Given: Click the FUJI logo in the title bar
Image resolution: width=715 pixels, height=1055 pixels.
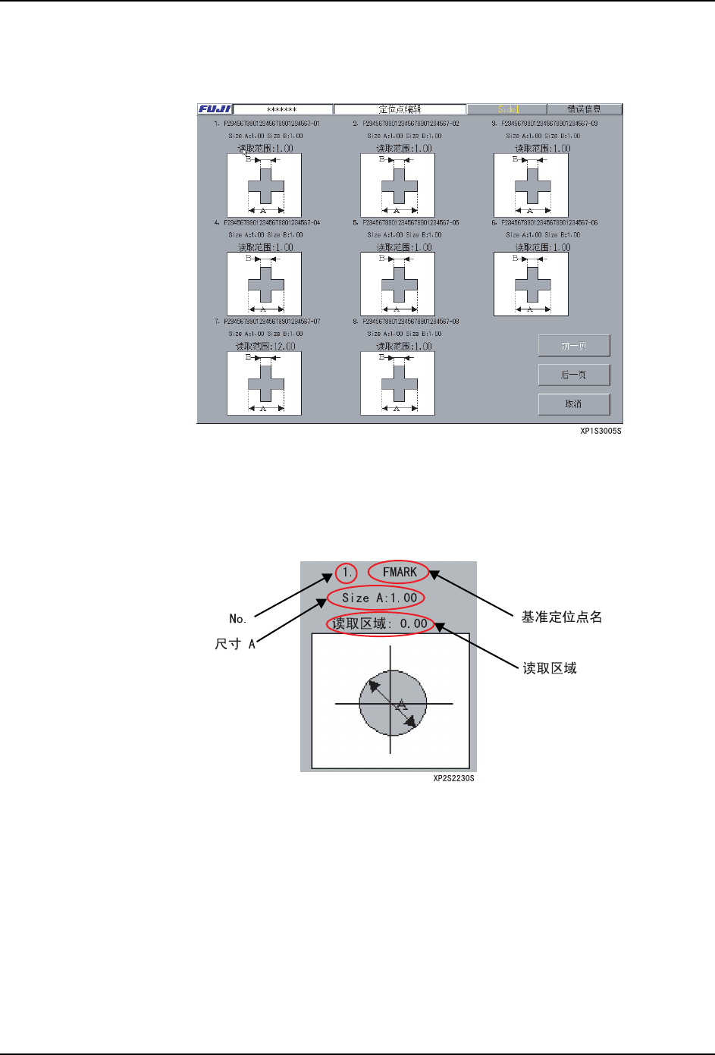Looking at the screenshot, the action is (215, 109).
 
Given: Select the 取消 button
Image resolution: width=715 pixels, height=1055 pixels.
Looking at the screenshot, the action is (574, 404).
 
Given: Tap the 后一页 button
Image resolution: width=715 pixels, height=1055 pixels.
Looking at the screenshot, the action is (574, 375).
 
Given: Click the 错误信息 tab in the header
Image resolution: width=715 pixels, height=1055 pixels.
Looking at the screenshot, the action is (584, 109).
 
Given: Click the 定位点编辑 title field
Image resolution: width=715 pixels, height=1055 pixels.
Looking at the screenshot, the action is (400, 109).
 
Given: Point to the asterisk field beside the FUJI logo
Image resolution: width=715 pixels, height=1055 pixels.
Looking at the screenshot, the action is (282, 109).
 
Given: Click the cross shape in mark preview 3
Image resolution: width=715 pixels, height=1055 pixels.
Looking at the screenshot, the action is (532, 186).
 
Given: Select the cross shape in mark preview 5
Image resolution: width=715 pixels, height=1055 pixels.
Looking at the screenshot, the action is (400, 284).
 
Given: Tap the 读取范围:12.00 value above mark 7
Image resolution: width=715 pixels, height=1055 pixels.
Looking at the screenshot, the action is (265, 347).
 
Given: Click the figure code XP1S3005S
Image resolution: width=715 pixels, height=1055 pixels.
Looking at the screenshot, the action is (601, 431).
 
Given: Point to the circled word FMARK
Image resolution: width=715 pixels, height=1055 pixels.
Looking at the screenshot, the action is (400, 572).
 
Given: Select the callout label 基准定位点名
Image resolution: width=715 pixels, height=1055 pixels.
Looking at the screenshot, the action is (562, 617).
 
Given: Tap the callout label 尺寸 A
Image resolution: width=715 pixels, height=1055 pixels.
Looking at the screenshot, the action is (235, 644).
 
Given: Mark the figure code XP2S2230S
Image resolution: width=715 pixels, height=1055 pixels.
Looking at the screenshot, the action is (453, 778).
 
